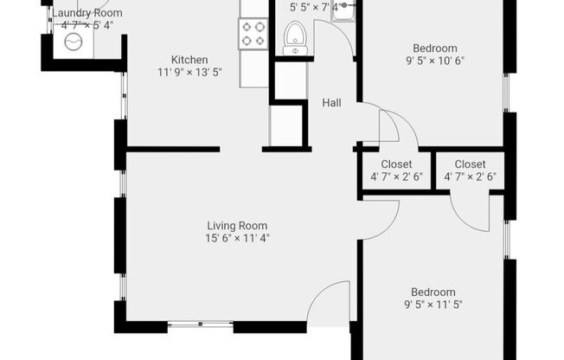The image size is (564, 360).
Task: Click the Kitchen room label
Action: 189,60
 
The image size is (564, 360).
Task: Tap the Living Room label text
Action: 237,226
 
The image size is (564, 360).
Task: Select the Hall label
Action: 331,103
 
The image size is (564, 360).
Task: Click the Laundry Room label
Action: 87,13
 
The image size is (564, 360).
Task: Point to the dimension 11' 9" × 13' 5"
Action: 189,73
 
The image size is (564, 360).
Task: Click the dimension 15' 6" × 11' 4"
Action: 237,238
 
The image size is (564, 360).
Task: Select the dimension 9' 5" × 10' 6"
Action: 435,61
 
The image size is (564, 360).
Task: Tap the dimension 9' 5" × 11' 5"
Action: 433,305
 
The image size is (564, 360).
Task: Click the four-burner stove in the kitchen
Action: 253,34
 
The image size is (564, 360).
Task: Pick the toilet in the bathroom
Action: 295,39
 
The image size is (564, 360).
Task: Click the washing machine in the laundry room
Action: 74,42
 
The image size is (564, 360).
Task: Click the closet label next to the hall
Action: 396,164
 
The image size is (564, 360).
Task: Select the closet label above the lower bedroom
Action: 470,164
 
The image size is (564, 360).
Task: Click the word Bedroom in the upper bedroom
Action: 435,48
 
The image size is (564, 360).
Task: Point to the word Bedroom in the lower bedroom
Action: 433,292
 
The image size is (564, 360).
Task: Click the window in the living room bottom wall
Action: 201,325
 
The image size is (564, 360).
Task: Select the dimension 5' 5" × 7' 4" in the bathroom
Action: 315,8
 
